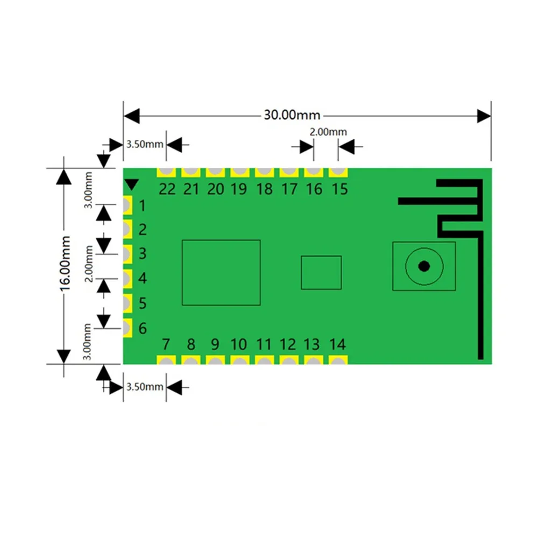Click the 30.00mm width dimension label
click(x=292, y=115)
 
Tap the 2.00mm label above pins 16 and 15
click(x=328, y=132)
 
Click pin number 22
click(x=167, y=189)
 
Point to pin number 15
click(x=339, y=189)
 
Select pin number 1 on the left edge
click(x=142, y=206)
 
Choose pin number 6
click(x=143, y=328)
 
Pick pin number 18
click(x=264, y=189)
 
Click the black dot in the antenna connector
click(x=424, y=266)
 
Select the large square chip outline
click(x=221, y=272)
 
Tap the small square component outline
click(x=321, y=272)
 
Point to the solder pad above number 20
click(x=215, y=172)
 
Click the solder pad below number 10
click(x=239, y=360)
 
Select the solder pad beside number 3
click(x=127, y=253)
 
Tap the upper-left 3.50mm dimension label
click(x=144, y=144)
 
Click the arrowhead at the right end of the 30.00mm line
click(x=484, y=115)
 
